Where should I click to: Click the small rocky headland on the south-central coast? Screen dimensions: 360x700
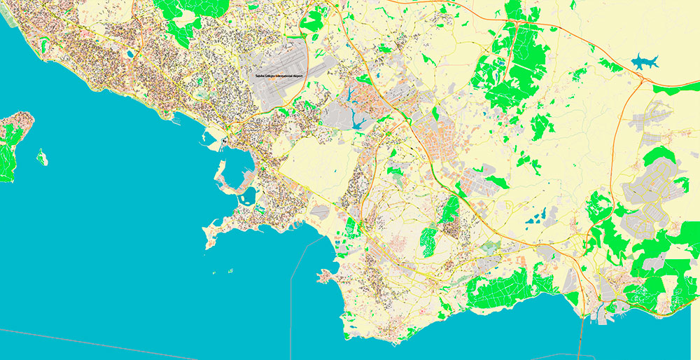point(325,277)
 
